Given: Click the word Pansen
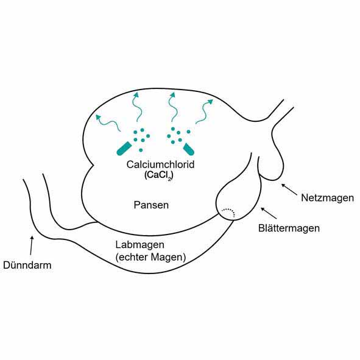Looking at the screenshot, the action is [151, 205].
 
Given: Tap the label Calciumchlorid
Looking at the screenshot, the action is [160, 164].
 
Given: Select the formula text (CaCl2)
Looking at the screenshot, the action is [158, 175].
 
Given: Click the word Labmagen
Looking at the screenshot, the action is [140, 245].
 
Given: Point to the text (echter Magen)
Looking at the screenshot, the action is [150, 257].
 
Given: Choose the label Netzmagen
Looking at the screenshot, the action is [327, 198].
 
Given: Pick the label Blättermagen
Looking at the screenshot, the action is [289, 228].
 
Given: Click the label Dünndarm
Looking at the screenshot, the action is [27, 265].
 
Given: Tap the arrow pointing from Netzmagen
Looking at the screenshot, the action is [289, 189].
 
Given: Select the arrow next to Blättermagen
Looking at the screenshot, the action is [269, 213].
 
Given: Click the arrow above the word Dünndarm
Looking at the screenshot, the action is [32, 245].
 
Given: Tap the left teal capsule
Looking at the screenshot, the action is [124, 148].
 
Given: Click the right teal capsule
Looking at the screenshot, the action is [188, 149].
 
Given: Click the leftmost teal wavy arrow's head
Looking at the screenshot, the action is [99, 117].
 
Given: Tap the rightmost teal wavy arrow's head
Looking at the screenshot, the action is [210, 102].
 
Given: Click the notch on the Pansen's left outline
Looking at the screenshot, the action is [93, 165].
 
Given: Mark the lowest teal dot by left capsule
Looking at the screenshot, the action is [141, 150].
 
